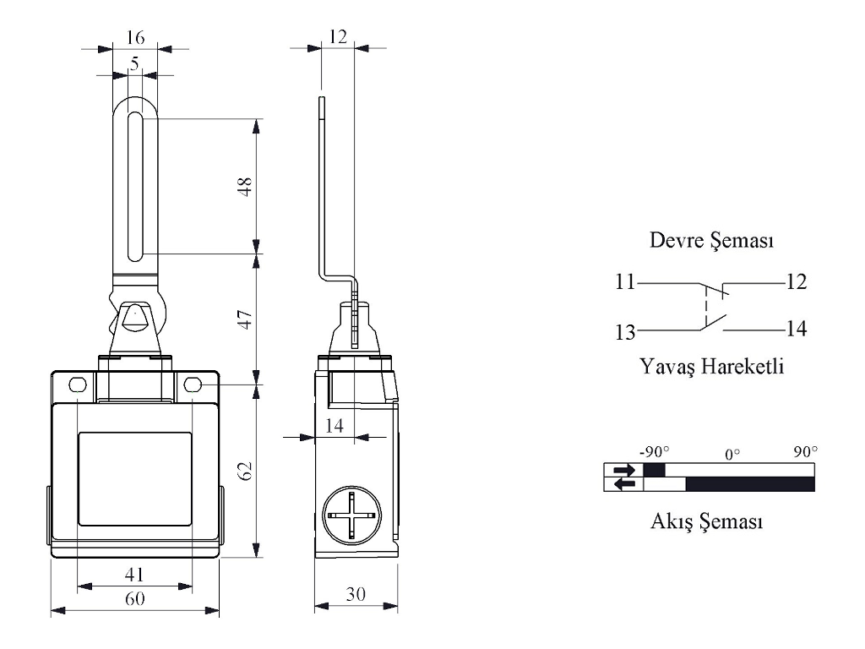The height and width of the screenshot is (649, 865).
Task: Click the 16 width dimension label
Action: [135, 37]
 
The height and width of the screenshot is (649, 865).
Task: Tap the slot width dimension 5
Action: [134, 63]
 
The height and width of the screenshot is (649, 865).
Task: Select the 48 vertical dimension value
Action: [245, 187]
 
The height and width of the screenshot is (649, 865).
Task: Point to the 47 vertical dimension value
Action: [245, 319]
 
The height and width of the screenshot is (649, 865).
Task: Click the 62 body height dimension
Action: [245, 471]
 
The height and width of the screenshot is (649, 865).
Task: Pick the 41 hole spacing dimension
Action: [134, 575]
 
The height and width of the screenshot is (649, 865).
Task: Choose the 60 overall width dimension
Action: [135, 598]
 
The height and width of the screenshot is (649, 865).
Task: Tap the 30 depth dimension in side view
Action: [356, 594]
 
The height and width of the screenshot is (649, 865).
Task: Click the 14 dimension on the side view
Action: [335, 426]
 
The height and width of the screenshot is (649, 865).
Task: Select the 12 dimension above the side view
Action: [338, 37]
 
